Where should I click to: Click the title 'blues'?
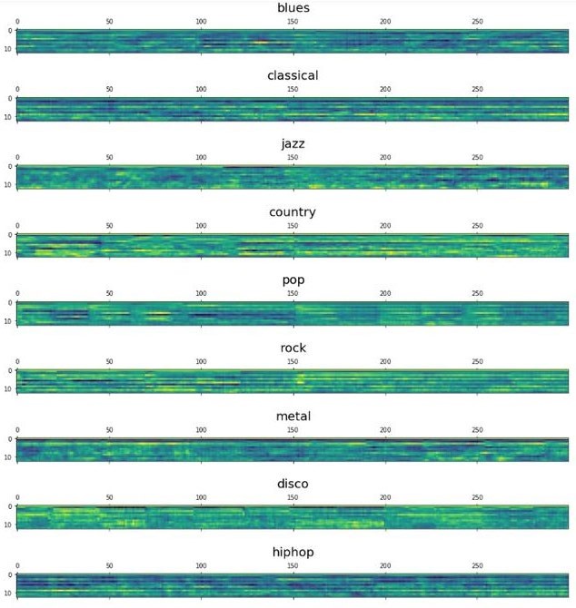(293, 8)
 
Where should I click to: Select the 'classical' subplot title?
(293, 76)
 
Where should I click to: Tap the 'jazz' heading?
(293, 144)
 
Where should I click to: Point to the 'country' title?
(293, 212)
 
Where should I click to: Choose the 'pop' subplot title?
(293, 280)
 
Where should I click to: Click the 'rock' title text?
(293, 348)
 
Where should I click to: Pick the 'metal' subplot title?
(293, 417)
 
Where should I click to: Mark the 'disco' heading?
(293, 485)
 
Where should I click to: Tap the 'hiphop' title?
(293, 553)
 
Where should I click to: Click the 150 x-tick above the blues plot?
(293, 21)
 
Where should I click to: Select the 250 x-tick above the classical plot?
(477, 89)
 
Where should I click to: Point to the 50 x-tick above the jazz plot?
(109, 157)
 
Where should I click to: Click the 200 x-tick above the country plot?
(385, 225)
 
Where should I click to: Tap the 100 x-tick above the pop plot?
(201, 293)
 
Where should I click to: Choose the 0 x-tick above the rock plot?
(17, 361)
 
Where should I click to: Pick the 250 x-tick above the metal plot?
(477, 429)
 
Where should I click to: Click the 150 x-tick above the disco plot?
(293, 497)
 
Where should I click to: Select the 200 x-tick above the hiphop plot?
(385, 565)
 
